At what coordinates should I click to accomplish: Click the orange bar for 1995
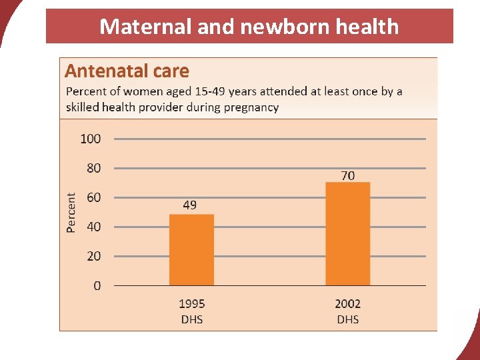[x=191, y=250]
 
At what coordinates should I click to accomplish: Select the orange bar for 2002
[x=347, y=234]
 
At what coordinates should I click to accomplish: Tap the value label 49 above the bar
[x=190, y=205]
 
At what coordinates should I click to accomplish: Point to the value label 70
[x=348, y=175]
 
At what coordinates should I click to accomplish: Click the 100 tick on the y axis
[x=91, y=139]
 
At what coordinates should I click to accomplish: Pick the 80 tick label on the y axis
[x=94, y=168]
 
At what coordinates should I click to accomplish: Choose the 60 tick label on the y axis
[x=94, y=197]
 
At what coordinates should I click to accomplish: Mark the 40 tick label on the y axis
[x=94, y=227]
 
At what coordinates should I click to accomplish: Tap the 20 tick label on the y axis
[x=94, y=256]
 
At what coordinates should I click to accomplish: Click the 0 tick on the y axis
[x=97, y=285]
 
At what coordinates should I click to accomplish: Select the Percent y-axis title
[x=71, y=212]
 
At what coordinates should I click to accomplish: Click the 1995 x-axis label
[x=192, y=304]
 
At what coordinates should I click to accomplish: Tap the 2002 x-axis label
[x=347, y=304]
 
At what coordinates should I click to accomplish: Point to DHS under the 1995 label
[x=192, y=319]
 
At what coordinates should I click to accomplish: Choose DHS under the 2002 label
[x=347, y=319]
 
